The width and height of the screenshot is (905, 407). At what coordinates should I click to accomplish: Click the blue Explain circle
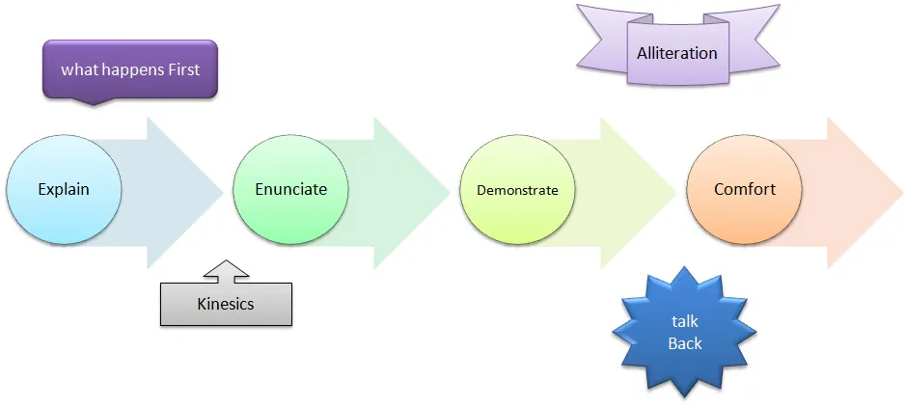(64, 189)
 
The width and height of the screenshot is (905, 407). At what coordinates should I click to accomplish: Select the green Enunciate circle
(290, 189)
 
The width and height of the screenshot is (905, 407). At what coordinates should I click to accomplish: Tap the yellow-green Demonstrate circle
(517, 190)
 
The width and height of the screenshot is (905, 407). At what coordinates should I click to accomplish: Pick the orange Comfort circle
(744, 189)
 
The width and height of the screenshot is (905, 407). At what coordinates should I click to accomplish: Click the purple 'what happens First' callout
(130, 70)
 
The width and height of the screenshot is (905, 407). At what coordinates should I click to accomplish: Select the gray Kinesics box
(226, 304)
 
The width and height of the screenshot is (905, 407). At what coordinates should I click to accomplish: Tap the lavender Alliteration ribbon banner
(677, 52)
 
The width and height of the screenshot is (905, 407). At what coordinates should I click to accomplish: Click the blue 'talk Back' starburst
(684, 332)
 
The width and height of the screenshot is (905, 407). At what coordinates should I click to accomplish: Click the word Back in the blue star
(684, 342)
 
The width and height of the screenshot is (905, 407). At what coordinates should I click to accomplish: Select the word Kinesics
(226, 304)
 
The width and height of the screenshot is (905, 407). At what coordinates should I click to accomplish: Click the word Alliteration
(677, 52)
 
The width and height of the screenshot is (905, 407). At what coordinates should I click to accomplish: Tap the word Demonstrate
(517, 190)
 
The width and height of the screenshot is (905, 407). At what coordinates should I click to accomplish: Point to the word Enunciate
(290, 189)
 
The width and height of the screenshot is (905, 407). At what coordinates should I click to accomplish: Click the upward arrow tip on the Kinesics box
(226, 263)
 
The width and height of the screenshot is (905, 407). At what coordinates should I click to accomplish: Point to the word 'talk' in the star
(684, 321)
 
